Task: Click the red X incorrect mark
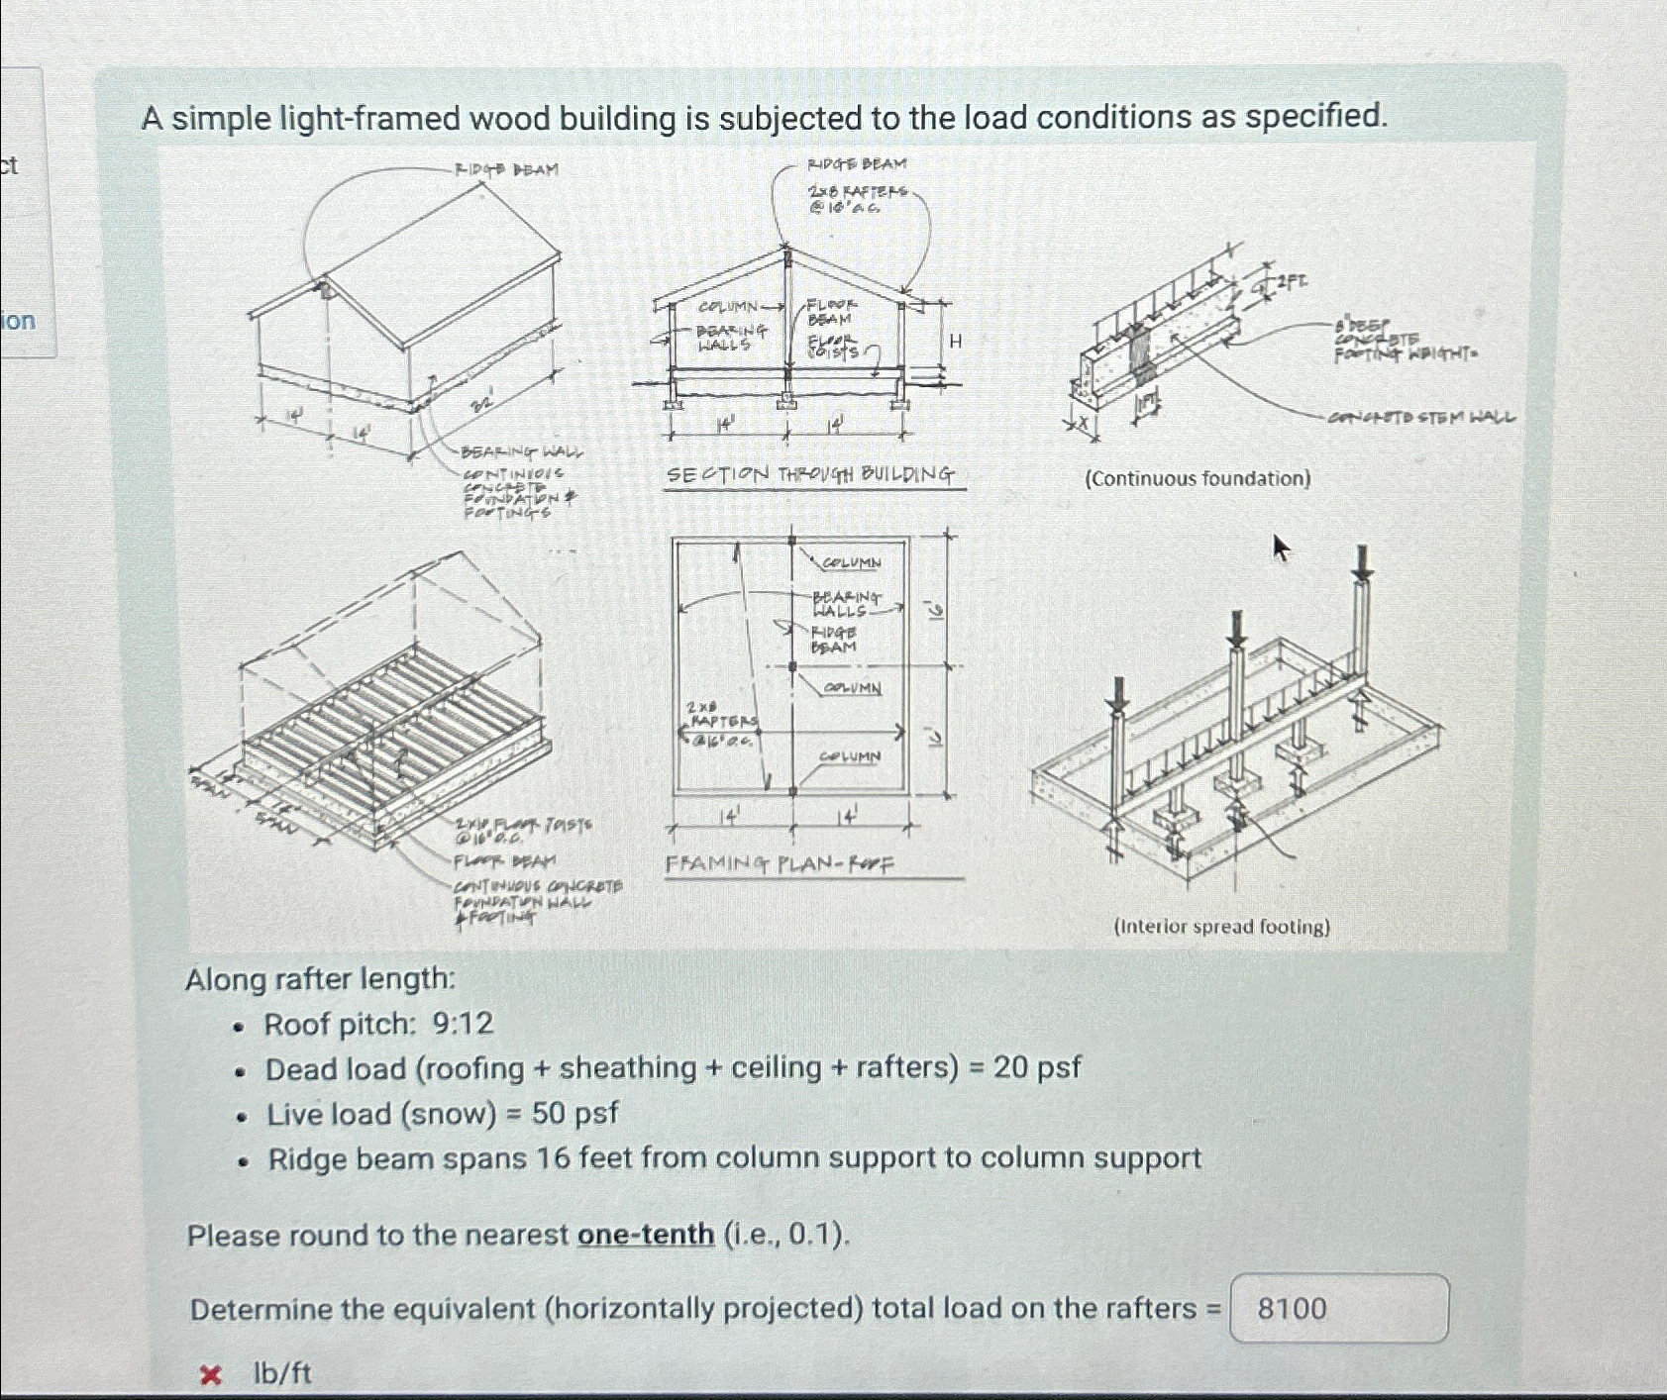[x=210, y=1374]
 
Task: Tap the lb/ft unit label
[x=282, y=1373]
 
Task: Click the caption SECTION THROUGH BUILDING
[x=810, y=474]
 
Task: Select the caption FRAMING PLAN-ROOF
[x=780, y=864]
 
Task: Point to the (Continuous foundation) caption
[x=1198, y=479]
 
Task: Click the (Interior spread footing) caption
[x=1221, y=927]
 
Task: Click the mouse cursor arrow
[x=1281, y=547]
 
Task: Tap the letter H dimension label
[x=956, y=342]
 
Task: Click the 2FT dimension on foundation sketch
[x=1291, y=281]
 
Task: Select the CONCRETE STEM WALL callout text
[x=1422, y=418]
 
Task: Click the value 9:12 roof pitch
[x=463, y=1023]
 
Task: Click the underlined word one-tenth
[x=646, y=1235]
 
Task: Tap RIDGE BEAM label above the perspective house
[x=506, y=169]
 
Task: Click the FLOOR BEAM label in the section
[x=830, y=312]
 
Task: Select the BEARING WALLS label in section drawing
[x=731, y=337]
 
